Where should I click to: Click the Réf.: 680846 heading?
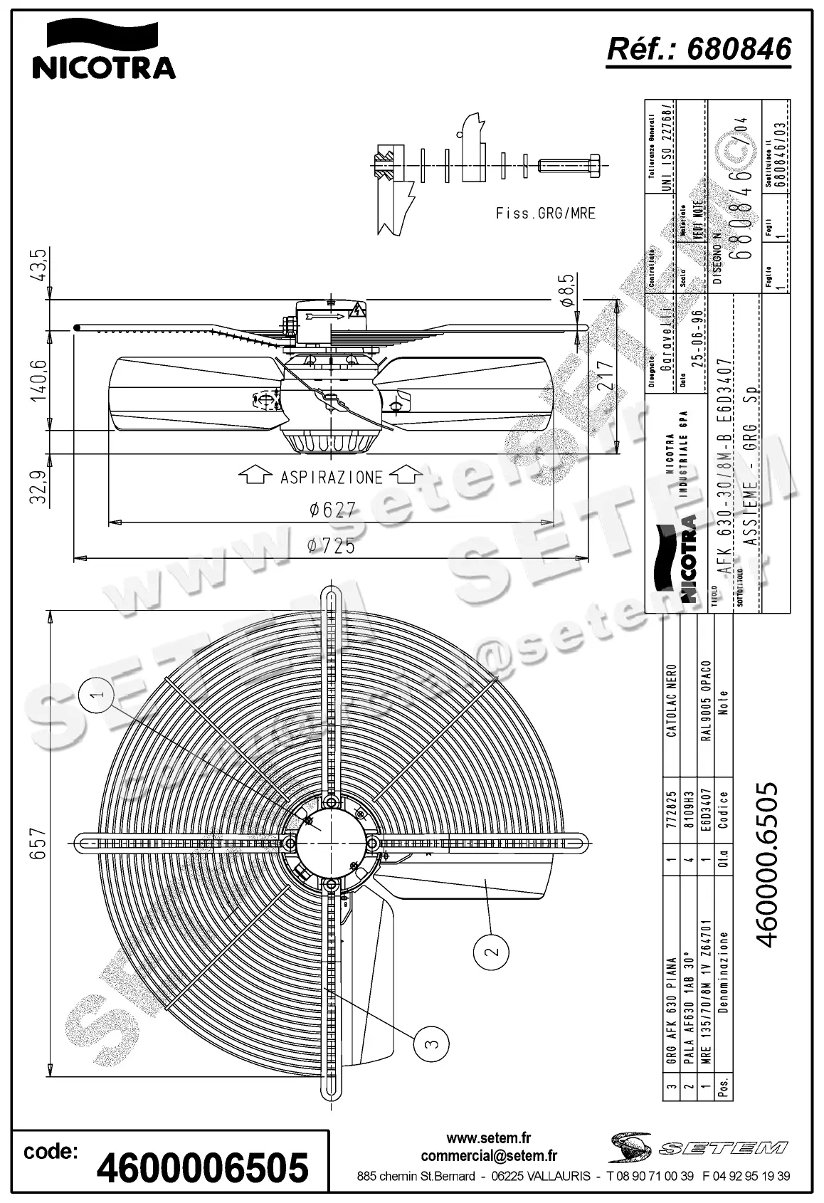[x=698, y=49]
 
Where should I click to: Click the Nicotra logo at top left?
[x=103, y=50]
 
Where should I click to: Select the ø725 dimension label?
[x=331, y=546]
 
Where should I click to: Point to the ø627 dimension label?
[x=331, y=510]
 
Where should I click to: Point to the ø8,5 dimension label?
[x=567, y=290]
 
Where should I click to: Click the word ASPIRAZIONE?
[x=331, y=477]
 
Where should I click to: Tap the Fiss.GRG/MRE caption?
[x=545, y=213]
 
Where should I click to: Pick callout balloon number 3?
[x=431, y=1044]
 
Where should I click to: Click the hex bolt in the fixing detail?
[x=573, y=165]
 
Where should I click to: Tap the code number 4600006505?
[x=202, y=1168]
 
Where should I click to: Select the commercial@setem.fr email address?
[x=489, y=1156]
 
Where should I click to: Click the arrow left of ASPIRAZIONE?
[x=254, y=476]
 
